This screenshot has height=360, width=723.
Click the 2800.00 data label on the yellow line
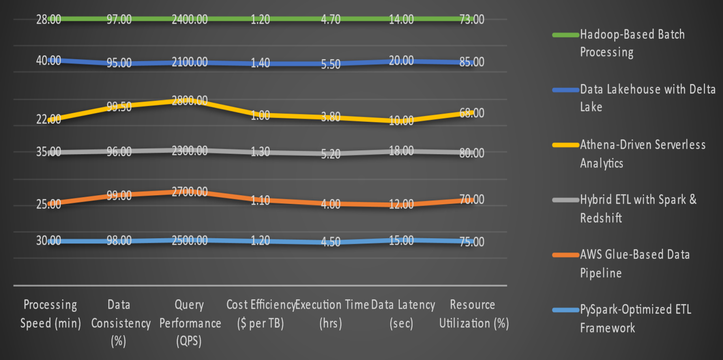click(189, 101)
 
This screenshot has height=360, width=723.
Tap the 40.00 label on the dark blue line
click(49, 61)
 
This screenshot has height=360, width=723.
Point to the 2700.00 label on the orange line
click(189, 192)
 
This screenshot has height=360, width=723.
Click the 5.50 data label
click(330, 64)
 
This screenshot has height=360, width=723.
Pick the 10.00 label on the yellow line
click(401, 121)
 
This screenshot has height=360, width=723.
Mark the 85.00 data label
click(472, 63)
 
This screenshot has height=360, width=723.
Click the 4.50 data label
click(330, 242)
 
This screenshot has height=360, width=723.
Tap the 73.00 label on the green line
click(472, 20)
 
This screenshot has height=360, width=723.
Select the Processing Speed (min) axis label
click(50, 314)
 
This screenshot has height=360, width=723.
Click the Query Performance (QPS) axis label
click(190, 323)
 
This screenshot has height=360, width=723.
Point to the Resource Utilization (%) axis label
click(473, 314)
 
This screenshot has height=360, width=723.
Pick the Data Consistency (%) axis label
click(120, 323)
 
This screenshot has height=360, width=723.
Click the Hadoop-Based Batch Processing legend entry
click(632, 43)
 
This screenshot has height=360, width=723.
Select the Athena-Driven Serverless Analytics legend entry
click(643, 154)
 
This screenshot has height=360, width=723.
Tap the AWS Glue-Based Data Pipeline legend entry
click(635, 263)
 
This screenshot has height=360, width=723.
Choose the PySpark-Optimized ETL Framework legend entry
click(635, 318)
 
